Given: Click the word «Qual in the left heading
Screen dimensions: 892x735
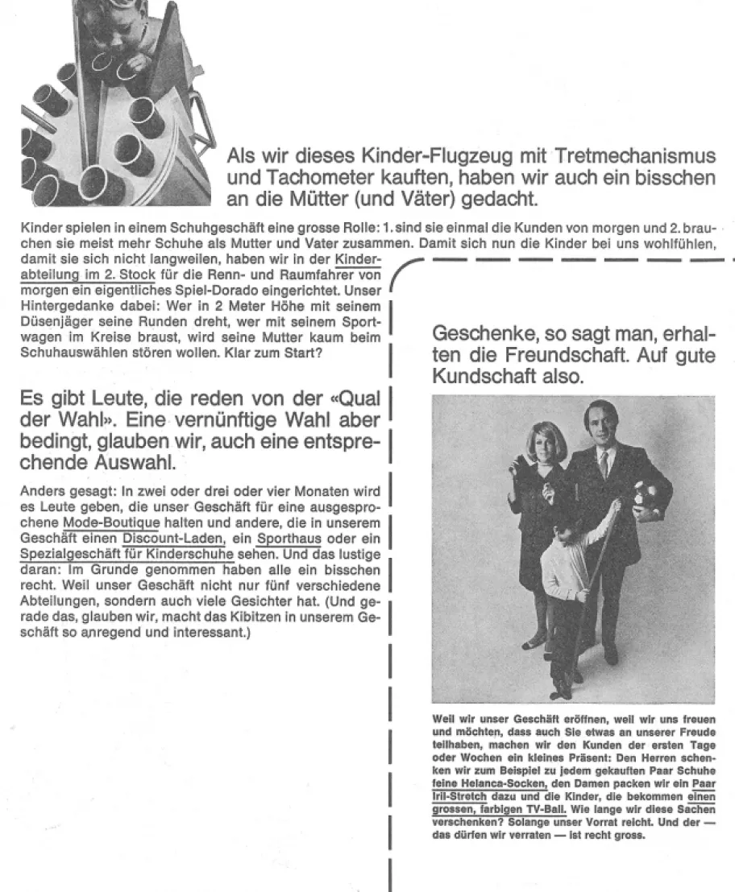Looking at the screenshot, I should pos(347,400).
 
